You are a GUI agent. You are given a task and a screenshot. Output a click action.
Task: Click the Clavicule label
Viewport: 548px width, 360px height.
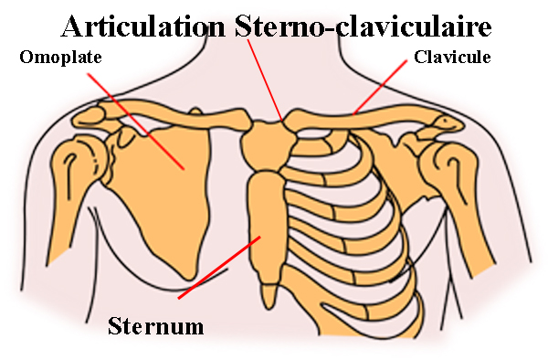452,57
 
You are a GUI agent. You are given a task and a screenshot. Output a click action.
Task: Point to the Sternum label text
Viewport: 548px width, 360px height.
155,325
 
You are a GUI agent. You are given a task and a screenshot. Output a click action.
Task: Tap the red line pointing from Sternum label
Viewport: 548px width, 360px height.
219,268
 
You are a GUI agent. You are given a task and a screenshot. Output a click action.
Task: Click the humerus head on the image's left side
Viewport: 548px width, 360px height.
68,169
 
